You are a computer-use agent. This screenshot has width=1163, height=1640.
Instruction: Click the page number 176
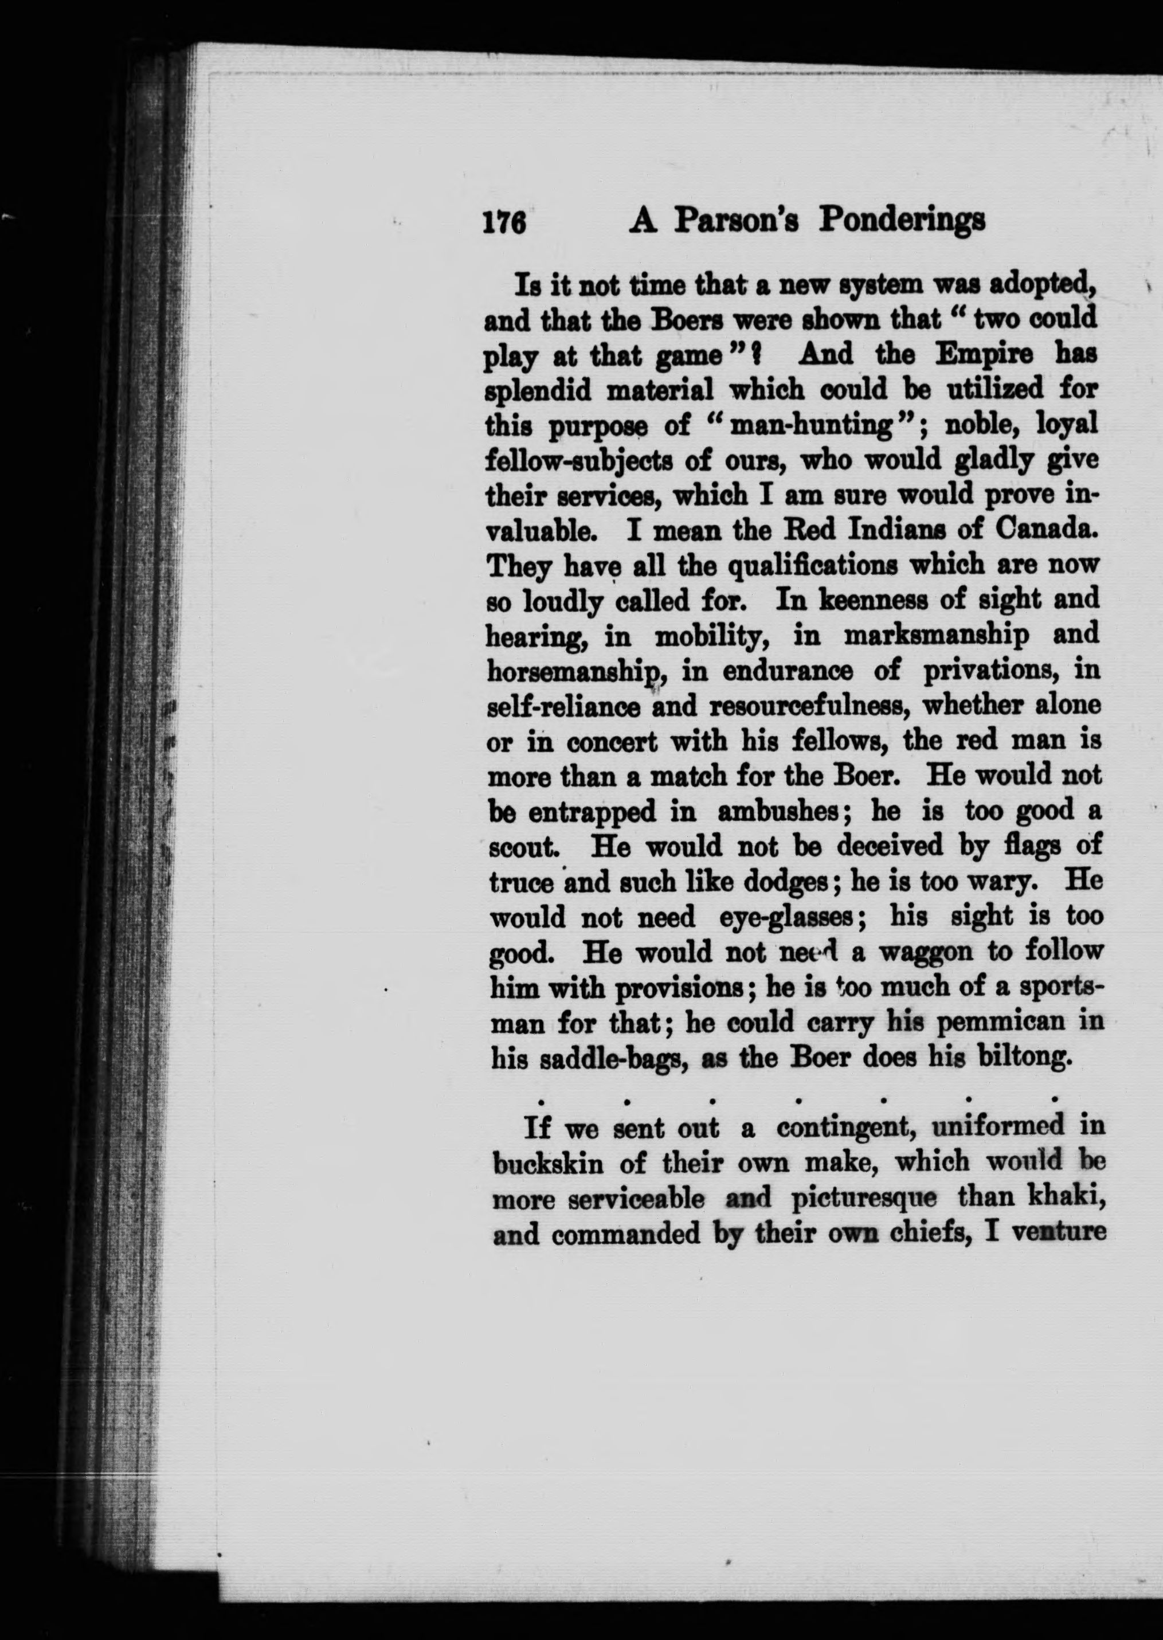[505, 223]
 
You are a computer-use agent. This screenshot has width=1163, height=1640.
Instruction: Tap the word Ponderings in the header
[902, 221]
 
